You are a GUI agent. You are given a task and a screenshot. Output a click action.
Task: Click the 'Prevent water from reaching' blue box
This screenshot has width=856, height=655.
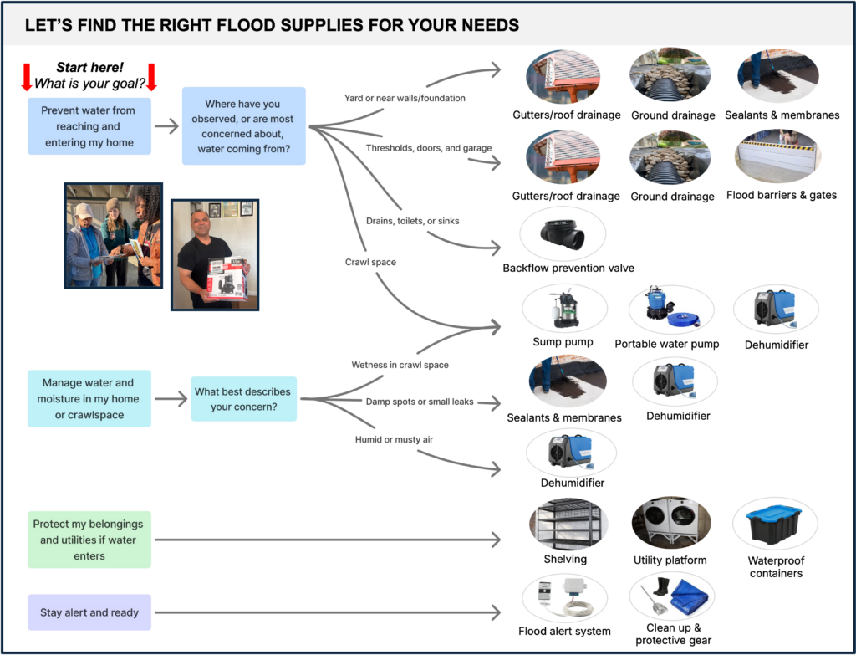tap(88, 126)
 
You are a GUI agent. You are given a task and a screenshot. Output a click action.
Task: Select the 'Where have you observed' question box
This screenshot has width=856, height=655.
tap(242, 126)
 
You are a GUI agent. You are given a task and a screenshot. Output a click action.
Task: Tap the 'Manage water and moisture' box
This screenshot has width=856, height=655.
tap(88, 398)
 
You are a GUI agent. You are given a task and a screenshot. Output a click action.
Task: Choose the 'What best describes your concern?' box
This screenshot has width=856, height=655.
tap(243, 398)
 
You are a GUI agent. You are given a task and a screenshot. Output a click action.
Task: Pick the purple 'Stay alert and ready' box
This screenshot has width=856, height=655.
tap(89, 612)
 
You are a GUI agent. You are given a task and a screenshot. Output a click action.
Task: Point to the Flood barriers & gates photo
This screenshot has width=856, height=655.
tap(777, 157)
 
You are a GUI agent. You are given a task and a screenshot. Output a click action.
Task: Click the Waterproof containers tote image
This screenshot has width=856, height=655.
tap(775, 524)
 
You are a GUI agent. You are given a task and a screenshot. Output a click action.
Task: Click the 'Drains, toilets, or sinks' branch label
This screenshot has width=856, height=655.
tap(412, 220)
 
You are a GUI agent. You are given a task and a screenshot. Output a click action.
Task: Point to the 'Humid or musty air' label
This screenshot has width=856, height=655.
tap(395, 439)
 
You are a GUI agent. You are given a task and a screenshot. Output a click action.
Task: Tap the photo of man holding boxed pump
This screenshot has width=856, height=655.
tap(214, 254)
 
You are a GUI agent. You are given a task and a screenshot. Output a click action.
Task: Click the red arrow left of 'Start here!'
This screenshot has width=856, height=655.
tap(27, 75)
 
